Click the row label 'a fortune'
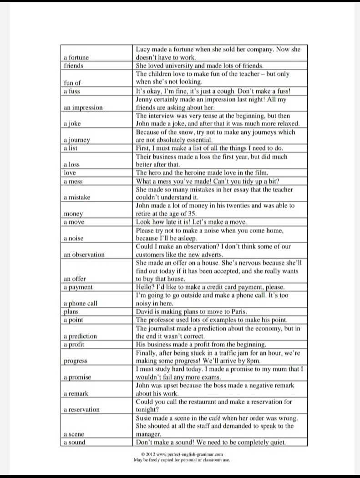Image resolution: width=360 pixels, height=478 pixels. [x=76, y=58]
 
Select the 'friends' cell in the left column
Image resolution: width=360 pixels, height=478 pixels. [x=73, y=66]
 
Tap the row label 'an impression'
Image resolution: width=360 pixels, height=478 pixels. [x=83, y=108]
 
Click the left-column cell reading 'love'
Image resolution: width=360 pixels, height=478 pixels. [x=70, y=173]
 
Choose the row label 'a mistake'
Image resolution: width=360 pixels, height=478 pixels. [x=77, y=197]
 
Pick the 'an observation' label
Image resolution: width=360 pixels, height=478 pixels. [x=84, y=254]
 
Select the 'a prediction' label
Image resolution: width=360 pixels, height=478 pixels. [x=80, y=336]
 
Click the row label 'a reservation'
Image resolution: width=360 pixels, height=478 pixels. [x=81, y=410]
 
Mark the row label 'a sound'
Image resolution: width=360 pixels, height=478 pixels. [x=74, y=442]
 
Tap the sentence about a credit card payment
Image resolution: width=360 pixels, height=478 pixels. [x=210, y=287]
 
